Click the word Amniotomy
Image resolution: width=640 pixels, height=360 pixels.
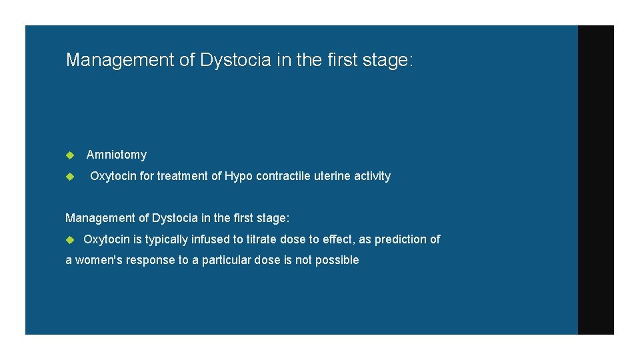pos(117,155)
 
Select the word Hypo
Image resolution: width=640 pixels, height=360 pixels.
pos(237,176)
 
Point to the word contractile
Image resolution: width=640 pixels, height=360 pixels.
pos(280,176)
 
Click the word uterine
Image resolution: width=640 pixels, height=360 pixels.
pos(331,176)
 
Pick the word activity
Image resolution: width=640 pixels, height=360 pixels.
pos(371,176)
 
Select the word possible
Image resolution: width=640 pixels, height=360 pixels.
pos(338,260)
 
